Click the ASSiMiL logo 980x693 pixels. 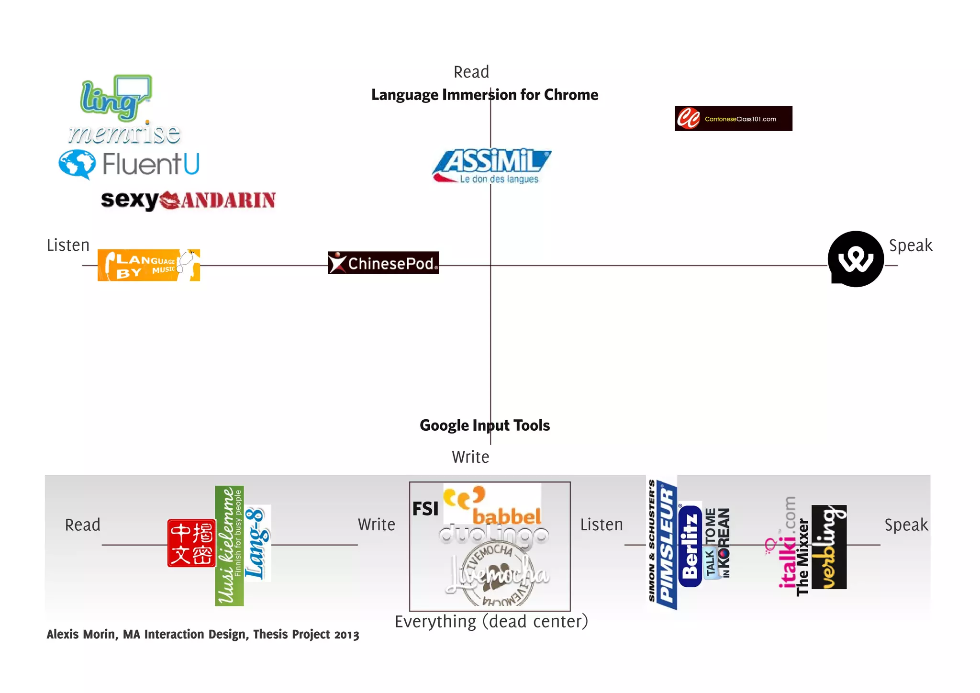click(491, 165)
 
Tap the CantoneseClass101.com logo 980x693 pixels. click(733, 119)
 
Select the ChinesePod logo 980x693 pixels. click(383, 263)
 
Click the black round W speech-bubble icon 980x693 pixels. click(856, 259)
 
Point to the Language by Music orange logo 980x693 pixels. click(148, 265)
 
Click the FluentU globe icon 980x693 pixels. click(77, 164)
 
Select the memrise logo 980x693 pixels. click(124, 134)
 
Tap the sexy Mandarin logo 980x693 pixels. click(188, 200)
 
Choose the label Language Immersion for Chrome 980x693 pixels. click(484, 95)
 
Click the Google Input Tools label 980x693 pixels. click(484, 425)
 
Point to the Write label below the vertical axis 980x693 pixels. click(470, 457)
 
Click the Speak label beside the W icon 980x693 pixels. click(910, 246)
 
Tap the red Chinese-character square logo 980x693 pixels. click(191, 543)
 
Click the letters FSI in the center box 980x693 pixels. click(425, 509)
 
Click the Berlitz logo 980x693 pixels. click(690, 546)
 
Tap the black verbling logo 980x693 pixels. click(829, 547)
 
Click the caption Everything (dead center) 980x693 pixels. click(491, 621)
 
